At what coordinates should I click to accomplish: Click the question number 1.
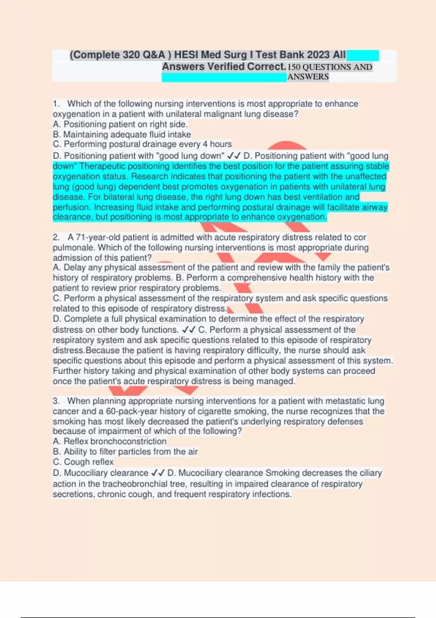(x=56, y=104)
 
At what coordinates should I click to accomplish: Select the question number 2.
(x=56, y=237)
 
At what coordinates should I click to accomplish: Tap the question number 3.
(x=56, y=401)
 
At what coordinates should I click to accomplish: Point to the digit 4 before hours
(x=205, y=144)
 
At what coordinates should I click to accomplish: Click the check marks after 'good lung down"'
(x=234, y=156)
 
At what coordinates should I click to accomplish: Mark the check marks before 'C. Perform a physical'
(x=189, y=330)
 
